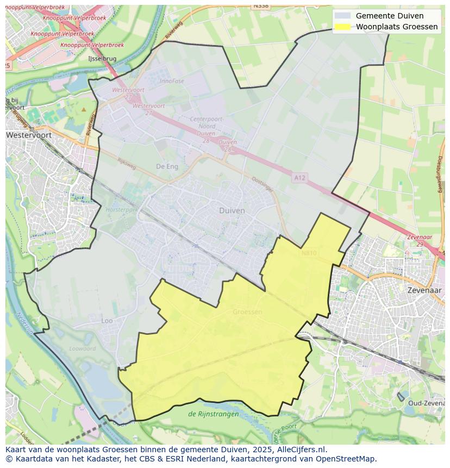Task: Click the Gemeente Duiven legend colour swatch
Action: (x=343, y=16)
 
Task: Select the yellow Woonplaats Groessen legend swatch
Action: (x=343, y=27)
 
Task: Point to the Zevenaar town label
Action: (x=424, y=290)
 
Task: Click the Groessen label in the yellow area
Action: (x=247, y=312)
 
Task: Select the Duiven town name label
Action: (x=232, y=210)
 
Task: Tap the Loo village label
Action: (x=107, y=321)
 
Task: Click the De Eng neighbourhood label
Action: (x=167, y=166)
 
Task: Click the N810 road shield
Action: (x=309, y=253)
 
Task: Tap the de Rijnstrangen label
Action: (x=213, y=414)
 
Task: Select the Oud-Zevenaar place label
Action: (x=426, y=403)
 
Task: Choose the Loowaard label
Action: (x=83, y=348)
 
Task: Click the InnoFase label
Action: (x=172, y=81)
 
